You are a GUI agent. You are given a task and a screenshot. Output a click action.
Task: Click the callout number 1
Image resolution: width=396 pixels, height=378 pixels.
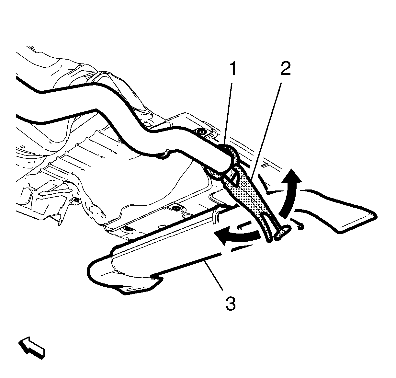coord(233,69)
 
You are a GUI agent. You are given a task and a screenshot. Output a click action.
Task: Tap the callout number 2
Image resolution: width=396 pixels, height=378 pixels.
coord(286,69)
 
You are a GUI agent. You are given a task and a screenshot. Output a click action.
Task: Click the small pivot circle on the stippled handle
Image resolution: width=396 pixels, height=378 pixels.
coord(244,184)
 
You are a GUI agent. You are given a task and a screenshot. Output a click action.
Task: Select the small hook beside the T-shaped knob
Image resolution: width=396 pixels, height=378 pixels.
coord(300,227)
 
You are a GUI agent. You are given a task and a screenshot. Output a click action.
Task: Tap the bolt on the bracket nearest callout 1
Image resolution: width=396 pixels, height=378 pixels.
coord(201,132)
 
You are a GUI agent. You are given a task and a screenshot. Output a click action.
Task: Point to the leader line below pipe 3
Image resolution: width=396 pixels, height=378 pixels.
coord(214,275)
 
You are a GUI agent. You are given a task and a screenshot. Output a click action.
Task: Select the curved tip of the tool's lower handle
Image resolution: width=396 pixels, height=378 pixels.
coord(268,238)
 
